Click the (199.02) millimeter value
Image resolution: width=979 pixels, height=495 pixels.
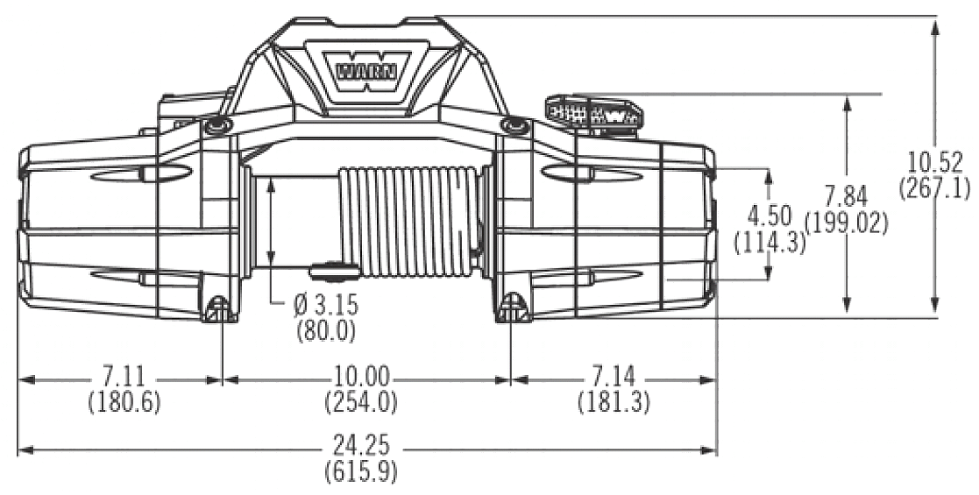coord(845,223)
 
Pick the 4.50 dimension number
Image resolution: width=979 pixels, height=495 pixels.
coord(770,215)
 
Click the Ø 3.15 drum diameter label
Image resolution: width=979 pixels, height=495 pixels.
coord(327,306)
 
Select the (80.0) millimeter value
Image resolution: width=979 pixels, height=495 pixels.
coord(325,330)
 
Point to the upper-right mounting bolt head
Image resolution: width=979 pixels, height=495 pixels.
coord(514,126)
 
